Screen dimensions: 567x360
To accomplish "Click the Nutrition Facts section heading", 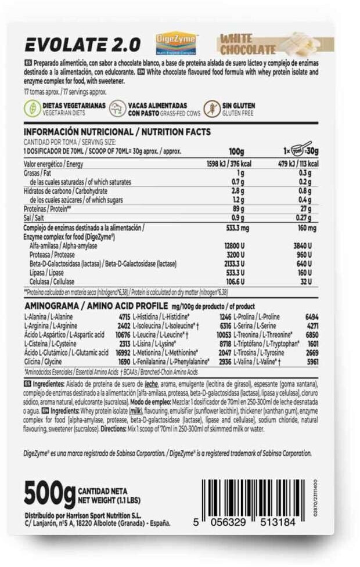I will (117, 132).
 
